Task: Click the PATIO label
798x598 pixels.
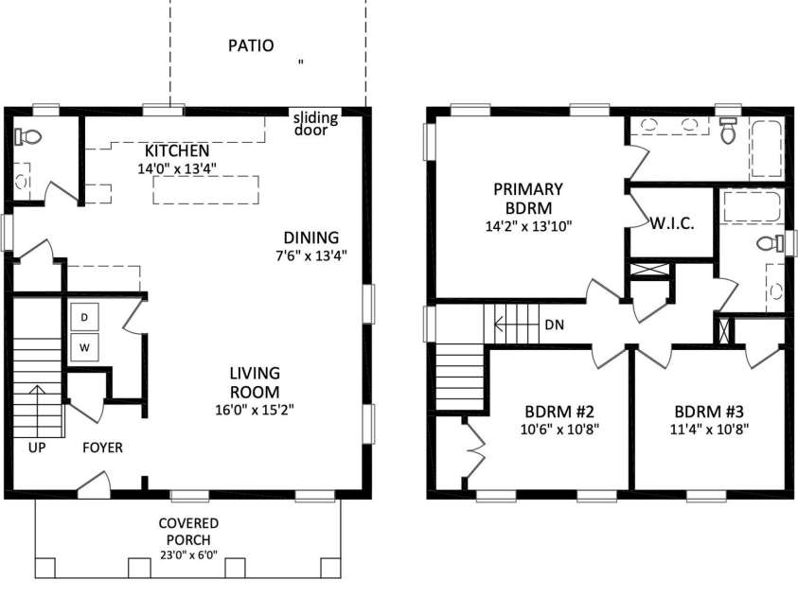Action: coord(251,44)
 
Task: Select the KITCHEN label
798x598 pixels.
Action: coord(177,151)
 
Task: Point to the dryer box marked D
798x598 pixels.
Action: coord(83,317)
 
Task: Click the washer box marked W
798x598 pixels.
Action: coord(83,347)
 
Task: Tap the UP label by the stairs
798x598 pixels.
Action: coord(37,447)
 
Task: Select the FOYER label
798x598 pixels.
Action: coord(102,447)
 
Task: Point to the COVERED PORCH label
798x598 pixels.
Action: coord(188,530)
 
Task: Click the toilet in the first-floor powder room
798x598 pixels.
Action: coord(30,138)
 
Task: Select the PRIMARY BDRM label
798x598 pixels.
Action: coord(527,198)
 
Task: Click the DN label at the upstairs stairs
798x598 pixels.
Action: coord(556,325)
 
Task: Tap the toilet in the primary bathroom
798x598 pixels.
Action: coord(728,132)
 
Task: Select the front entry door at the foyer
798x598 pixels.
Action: coord(93,485)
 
